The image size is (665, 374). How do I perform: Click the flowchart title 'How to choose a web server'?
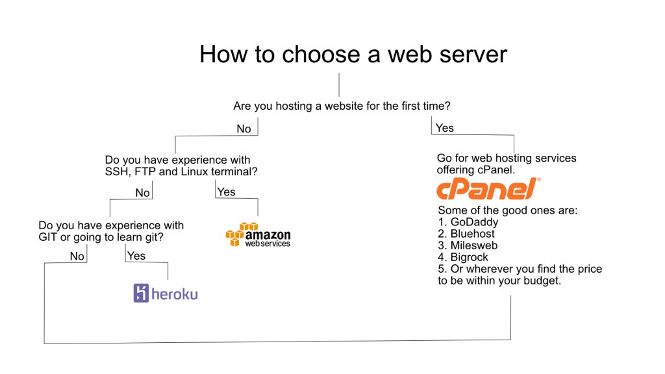coord(353,54)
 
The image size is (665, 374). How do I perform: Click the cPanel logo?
coord(488,189)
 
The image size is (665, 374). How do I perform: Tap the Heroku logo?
coord(166,293)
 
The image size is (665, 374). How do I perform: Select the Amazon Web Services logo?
coord(258,234)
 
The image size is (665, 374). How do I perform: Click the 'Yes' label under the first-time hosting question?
coord(445,128)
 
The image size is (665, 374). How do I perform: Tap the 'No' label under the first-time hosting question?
coord(244,129)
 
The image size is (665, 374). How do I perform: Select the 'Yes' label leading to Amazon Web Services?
coord(226,192)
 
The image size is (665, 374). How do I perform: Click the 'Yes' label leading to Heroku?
coord(136,256)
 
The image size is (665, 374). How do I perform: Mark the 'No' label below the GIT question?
coord(77,256)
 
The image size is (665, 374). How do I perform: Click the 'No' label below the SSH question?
coord(142,193)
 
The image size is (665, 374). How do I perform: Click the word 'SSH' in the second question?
coord(117,172)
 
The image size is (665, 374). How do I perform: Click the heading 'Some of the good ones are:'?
coord(507,210)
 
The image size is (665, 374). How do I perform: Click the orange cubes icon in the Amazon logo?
coord(237,234)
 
